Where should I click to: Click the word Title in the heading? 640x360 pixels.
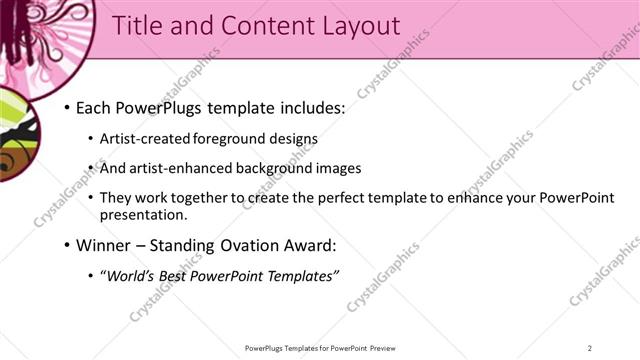coord(139,27)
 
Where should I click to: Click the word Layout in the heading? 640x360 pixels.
coord(351,27)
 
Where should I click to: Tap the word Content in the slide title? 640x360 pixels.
coord(256,27)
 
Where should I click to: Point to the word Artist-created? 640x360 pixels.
coord(141,139)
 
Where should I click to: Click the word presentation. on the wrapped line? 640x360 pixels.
coord(143,215)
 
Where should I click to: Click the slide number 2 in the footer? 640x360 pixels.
coord(590,348)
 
